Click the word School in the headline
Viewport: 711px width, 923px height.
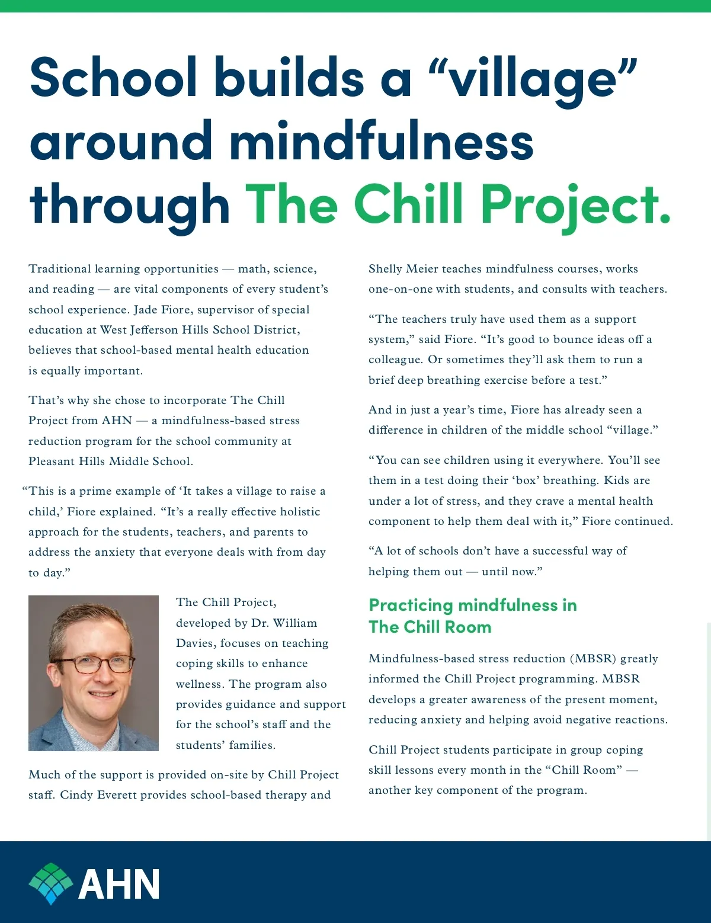point(113,78)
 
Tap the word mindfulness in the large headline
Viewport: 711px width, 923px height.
point(382,142)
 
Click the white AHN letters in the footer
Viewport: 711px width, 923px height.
point(119,884)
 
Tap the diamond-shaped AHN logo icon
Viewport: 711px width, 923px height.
point(51,883)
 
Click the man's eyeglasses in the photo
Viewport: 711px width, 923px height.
point(94,664)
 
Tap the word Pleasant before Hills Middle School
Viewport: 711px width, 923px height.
point(52,461)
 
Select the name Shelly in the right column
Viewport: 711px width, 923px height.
point(385,269)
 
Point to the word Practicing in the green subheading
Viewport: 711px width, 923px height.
point(411,605)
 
